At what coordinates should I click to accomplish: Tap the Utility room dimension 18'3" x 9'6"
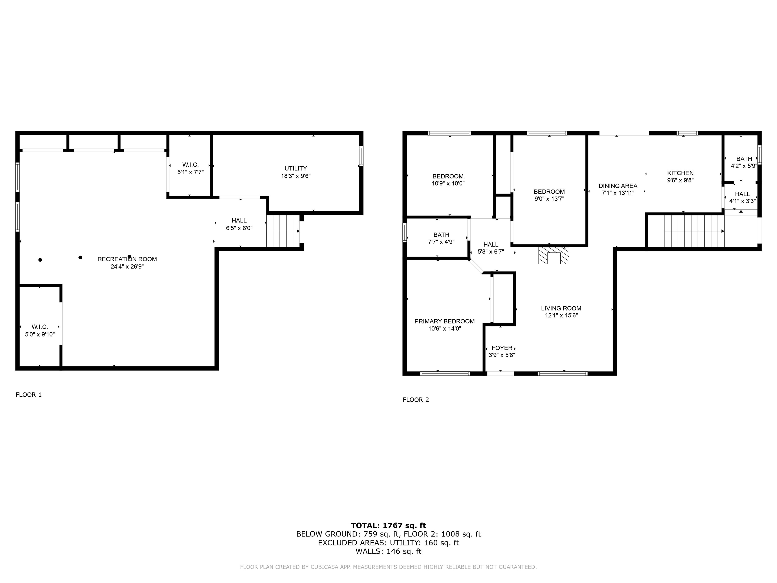pyautogui.click(x=296, y=176)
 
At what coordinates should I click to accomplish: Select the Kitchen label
pyautogui.click(x=680, y=173)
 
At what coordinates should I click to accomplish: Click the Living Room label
pyautogui.click(x=561, y=308)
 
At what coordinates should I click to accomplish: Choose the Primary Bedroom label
pyautogui.click(x=444, y=321)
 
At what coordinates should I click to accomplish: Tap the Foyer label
pyautogui.click(x=502, y=348)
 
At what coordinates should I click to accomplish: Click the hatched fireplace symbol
pyautogui.click(x=554, y=255)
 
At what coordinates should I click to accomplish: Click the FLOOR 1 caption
pyautogui.click(x=28, y=395)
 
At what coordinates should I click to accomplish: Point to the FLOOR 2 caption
pyautogui.click(x=416, y=400)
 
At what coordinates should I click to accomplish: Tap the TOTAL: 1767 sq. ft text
pyautogui.click(x=388, y=525)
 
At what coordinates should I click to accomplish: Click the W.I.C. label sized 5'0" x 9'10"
pyautogui.click(x=40, y=327)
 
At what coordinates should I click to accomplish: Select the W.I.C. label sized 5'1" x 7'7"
pyautogui.click(x=190, y=165)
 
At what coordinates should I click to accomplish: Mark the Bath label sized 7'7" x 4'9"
pyautogui.click(x=441, y=235)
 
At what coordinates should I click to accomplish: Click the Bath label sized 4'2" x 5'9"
pyautogui.click(x=744, y=159)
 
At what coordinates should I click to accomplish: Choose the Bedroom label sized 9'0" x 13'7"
pyautogui.click(x=549, y=192)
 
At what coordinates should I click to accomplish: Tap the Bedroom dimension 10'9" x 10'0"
pyautogui.click(x=448, y=183)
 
